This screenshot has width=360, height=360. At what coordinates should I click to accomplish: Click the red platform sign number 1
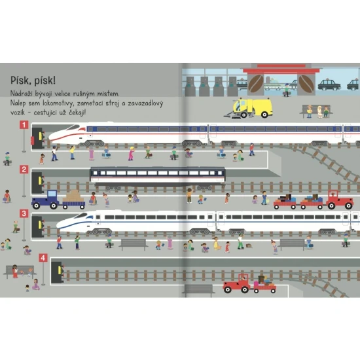[x=24, y=124]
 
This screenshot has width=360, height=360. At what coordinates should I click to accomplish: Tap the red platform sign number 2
[x=24, y=170]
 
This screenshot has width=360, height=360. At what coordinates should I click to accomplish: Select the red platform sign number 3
[x=24, y=213]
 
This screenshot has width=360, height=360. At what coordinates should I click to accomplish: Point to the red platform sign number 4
[x=43, y=258]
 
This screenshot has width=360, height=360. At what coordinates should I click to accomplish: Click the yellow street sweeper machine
[x=249, y=108]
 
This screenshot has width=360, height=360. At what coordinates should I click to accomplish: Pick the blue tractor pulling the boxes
[x=45, y=200]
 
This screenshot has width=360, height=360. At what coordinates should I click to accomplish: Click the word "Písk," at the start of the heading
[x=21, y=81]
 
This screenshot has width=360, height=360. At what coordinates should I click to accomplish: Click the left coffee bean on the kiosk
[x=256, y=84]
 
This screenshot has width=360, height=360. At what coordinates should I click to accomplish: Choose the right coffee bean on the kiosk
[x=306, y=84]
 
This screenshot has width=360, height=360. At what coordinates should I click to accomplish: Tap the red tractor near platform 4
[x=237, y=284]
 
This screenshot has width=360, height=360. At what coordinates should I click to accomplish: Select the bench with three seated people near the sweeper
[x=316, y=111]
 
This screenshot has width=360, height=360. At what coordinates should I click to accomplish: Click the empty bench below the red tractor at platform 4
[x=198, y=290]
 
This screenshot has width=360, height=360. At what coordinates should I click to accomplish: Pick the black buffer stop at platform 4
[x=58, y=272]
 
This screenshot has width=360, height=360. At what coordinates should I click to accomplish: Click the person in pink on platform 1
[x=131, y=154]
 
